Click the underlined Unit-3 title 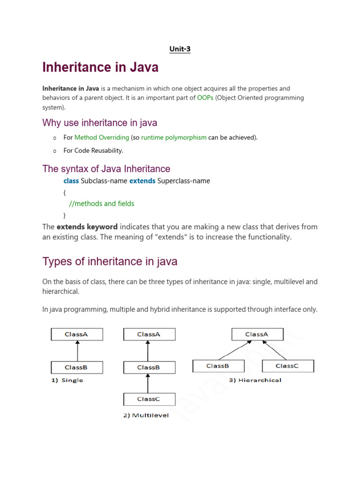[180, 49]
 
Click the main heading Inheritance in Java [100, 67]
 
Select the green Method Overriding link [102, 137]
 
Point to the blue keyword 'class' [71, 180]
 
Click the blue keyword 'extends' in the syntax [142, 180]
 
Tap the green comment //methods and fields [101, 203]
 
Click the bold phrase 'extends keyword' [87, 227]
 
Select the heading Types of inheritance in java [110, 261]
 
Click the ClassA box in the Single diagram [77, 334]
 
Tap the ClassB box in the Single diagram [77, 367]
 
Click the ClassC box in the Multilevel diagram [149, 399]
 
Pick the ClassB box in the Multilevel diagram [149, 367]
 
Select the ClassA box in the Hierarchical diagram [257, 334]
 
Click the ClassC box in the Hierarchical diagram [287, 366]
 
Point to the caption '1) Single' [67, 380]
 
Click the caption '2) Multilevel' [146, 415]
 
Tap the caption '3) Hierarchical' [255, 380]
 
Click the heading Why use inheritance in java [100, 123]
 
